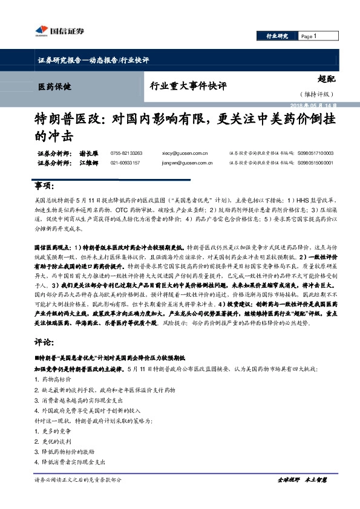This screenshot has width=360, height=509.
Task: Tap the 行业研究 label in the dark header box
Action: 277,36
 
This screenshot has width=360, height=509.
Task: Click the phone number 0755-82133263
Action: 126,154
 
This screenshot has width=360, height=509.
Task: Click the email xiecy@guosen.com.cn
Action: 185,154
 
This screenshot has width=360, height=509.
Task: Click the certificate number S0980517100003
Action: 315,154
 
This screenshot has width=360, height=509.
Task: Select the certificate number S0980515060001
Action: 315,163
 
